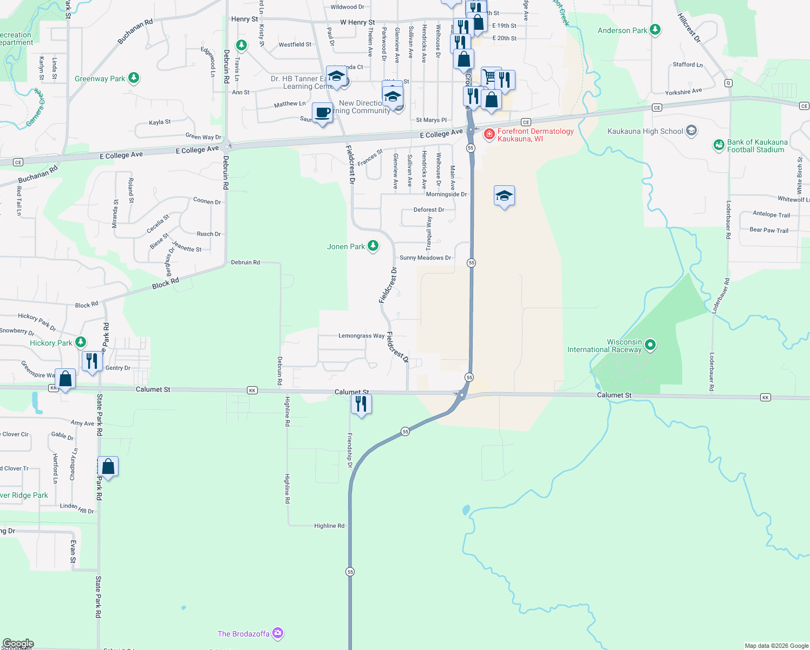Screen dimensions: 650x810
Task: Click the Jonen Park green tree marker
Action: [373, 246]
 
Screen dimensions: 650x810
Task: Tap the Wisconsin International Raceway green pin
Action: [651, 344]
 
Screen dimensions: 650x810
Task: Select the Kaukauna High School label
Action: [645, 131]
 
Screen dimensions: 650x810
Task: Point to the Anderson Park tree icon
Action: [655, 30]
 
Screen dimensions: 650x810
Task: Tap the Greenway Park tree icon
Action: [134, 79]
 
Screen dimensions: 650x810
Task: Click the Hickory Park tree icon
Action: [81, 342]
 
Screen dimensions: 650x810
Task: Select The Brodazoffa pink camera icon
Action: [278, 633]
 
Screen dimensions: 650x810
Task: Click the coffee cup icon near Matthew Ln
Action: [323, 113]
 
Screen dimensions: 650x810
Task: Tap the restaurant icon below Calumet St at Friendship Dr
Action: [361, 404]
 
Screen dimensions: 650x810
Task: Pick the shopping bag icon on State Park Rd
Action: [108, 466]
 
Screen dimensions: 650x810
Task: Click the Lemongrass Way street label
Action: [361, 336]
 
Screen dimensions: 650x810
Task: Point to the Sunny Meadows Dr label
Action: [425, 258]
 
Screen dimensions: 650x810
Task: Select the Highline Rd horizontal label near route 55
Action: [329, 526]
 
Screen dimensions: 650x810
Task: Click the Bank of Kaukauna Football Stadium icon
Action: [718, 145]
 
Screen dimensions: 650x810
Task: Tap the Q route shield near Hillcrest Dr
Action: [728, 83]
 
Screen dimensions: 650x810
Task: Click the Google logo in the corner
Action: [18, 643]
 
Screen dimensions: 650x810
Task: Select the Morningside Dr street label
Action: [446, 194]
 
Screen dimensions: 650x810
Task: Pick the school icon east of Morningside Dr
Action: [504, 196]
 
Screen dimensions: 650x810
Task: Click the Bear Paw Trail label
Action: [769, 230]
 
